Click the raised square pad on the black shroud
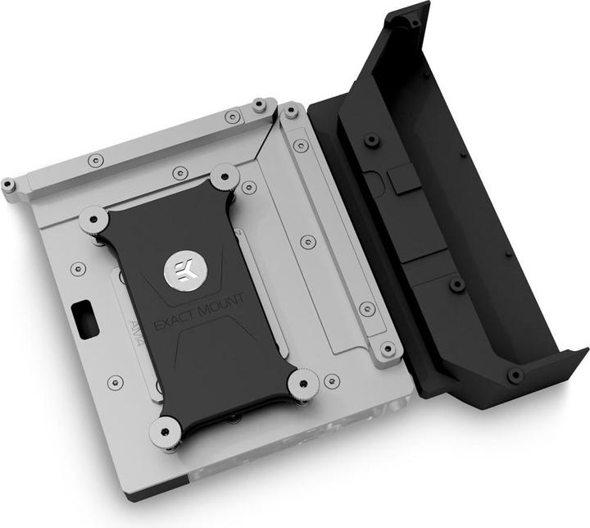[x=403, y=180]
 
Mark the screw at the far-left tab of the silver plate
[x=8, y=184]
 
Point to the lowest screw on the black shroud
[x=515, y=376]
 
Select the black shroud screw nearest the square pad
[x=371, y=139]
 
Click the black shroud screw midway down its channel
[x=457, y=284]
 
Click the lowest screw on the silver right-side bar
[x=388, y=349]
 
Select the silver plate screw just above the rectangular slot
[x=79, y=268]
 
